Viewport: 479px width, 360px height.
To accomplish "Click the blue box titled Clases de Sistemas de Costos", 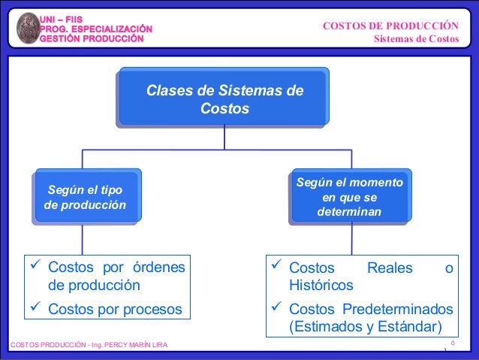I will pos(224,99).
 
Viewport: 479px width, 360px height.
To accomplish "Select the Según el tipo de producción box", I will pos(86,197).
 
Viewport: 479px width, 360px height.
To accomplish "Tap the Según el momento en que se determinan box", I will pos(349,198).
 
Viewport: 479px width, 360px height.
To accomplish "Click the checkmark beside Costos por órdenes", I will pos(35,266).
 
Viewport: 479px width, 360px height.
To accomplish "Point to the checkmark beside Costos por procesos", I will pos(35,307).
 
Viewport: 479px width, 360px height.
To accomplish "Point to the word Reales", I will pos(389,268).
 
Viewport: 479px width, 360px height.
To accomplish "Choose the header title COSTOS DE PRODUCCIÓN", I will pos(390,26).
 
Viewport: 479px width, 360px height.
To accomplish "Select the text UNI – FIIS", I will pos(62,17).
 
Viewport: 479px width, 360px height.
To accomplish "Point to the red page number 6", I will pos(453,343).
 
